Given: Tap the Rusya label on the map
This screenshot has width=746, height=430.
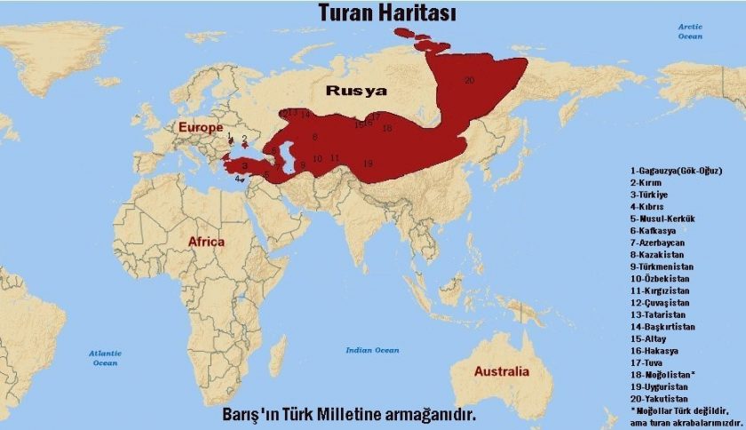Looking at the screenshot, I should [x=356, y=91].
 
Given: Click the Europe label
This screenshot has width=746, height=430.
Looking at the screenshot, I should [x=201, y=128].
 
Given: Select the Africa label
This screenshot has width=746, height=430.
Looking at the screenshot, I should [x=206, y=241].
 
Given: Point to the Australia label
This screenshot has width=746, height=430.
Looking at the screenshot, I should [x=502, y=370].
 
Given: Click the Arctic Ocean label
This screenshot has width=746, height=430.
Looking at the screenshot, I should [x=690, y=31].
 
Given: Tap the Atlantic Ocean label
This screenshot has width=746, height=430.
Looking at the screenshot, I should [x=105, y=358].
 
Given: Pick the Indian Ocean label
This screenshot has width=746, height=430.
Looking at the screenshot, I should [x=372, y=350].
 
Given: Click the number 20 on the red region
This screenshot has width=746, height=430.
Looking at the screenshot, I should [x=469, y=80].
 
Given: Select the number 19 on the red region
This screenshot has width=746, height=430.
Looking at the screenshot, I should [x=368, y=163].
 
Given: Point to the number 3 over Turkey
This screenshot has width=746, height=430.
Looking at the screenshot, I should [x=244, y=165].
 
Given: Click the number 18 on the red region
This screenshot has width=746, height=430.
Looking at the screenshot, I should [x=386, y=128].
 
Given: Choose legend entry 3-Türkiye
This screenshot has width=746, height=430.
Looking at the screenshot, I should [x=649, y=194].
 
